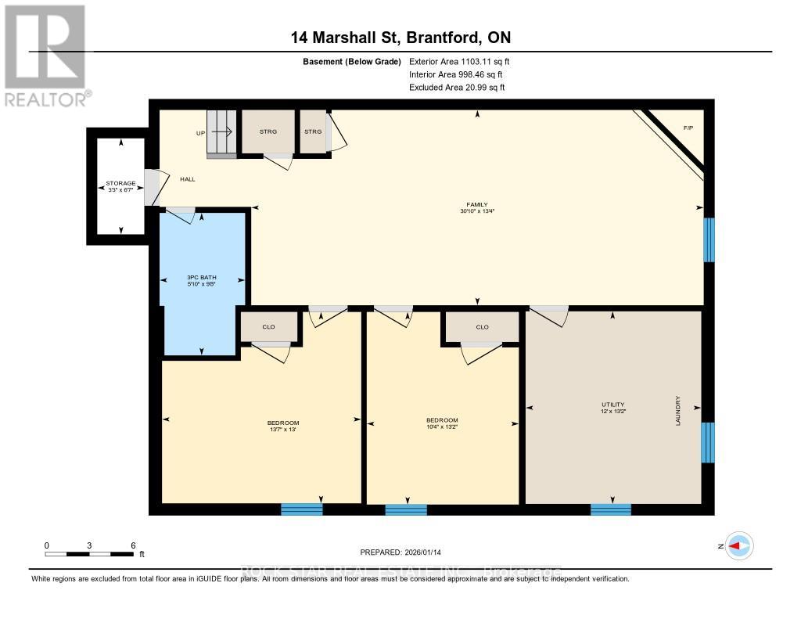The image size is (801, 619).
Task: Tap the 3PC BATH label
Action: [x=201, y=279]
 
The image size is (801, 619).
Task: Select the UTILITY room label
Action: [x=613, y=407]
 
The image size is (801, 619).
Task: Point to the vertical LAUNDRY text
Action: [x=678, y=409]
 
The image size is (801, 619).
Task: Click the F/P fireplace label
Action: [x=688, y=128]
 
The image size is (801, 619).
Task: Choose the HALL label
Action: [x=188, y=179]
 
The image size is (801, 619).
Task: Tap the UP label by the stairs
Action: [x=200, y=133]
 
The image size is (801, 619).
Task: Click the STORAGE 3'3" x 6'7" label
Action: [x=121, y=186]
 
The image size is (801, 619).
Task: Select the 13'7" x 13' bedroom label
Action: [x=282, y=426]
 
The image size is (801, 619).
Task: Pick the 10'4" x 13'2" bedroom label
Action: [x=443, y=423]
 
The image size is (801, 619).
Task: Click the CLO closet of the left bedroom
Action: [x=268, y=326]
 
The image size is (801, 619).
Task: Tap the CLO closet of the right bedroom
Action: [x=482, y=327]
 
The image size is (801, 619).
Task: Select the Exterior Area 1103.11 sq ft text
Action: [x=460, y=61]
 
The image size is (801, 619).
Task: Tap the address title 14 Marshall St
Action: [x=400, y=38]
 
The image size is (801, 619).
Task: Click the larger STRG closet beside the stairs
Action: [x=268, y=131]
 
